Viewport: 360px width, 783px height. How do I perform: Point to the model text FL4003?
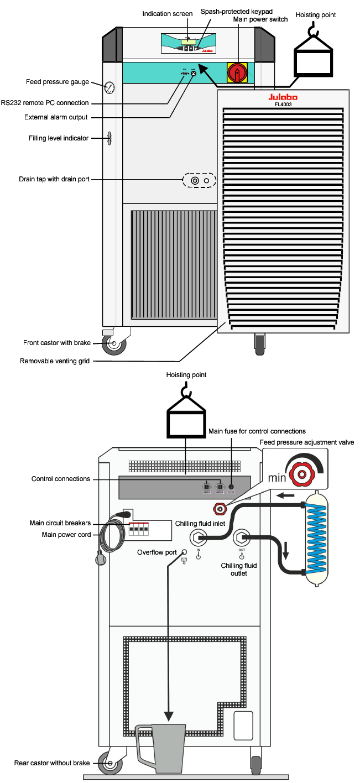(283, 103)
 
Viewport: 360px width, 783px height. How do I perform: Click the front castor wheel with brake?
(114, 343)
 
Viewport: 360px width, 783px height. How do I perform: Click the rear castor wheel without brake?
(109, 764)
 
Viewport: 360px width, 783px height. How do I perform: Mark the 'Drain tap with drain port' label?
(54, 179)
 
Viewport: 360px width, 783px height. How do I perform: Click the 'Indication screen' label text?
(168, 14)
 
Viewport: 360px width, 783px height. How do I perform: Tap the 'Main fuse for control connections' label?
(257, 431)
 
